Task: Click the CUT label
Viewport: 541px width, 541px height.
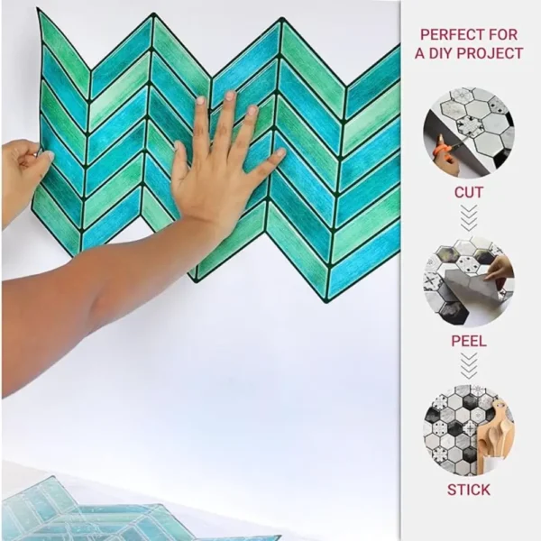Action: point(469,193)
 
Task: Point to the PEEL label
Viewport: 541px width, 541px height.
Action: point(469,341)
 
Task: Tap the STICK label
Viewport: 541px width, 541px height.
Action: point(469,490)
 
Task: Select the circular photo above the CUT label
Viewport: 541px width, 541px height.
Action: point(469,133)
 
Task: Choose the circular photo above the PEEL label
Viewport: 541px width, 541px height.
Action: point(469,281)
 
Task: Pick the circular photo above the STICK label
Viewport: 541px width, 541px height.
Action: point(469,430)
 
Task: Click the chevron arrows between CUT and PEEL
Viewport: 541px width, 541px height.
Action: point(469,218)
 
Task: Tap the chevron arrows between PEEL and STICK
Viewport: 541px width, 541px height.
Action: point(469,366)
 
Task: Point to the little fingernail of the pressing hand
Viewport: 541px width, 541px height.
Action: point(280,152)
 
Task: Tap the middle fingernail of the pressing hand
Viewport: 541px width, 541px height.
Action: point(230,96)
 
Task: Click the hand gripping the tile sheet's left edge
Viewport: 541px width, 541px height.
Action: point(25,180)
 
